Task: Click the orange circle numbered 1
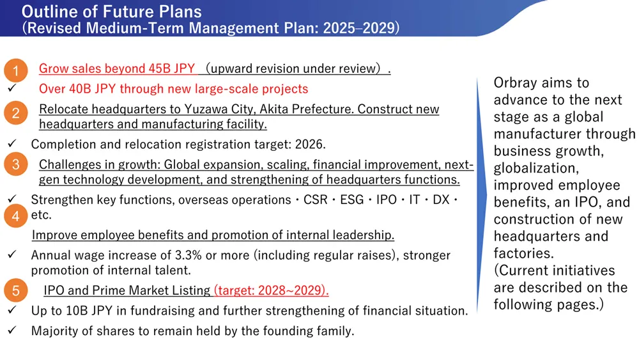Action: (16, 70)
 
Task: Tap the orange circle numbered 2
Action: (16, 113)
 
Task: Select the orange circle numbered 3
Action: (16, 164)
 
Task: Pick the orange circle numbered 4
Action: (16, 215)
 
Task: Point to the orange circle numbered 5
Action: (16, 290)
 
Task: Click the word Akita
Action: (274, 109)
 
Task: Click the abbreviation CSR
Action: (316, 200)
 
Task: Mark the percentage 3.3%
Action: (189, 254)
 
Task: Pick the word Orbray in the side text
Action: (514, 82)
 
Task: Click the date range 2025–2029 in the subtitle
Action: (359, 27)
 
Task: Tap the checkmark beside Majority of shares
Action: (12, 329)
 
